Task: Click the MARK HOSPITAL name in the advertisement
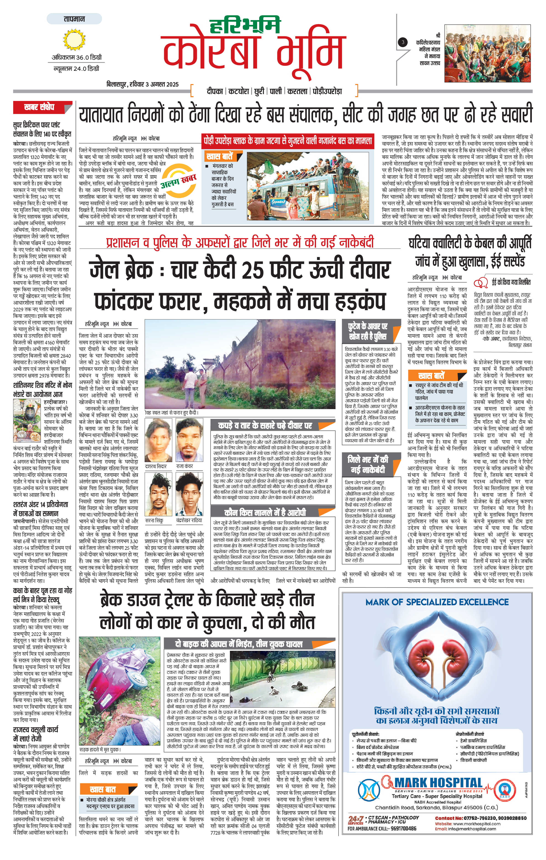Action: click(x=438, y=783)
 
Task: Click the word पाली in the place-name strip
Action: click(x=275, y=91)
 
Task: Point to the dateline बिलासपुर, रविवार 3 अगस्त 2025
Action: click(x=142, y=84)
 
